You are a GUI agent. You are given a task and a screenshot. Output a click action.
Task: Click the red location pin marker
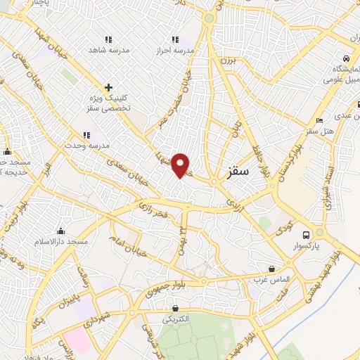point(181,165)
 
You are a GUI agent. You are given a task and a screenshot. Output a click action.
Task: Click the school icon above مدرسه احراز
point(175,39)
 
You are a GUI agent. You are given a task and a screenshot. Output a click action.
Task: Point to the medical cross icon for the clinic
point(108,88)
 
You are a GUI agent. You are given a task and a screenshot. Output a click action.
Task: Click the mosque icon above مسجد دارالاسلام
point(62,231)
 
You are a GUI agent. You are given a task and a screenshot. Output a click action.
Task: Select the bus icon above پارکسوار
point(306,235)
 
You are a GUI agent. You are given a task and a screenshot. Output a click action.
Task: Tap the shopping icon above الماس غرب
point(272,269)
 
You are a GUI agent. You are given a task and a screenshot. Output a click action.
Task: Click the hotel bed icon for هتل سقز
point(320,120)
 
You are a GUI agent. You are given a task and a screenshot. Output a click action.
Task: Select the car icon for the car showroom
point(346,59)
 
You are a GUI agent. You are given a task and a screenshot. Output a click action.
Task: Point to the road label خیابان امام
point(124,249)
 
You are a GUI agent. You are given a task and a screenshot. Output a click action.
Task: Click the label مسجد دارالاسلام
point(63,242)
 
